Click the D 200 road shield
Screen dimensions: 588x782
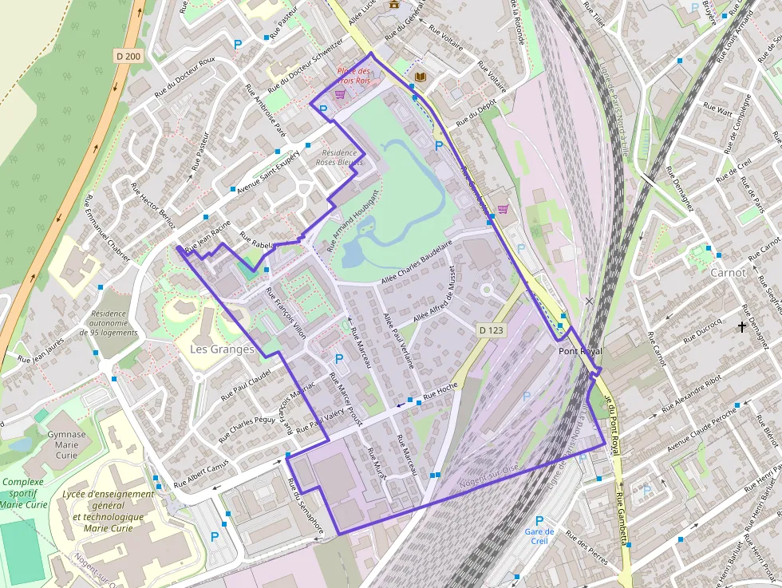click(127, 56)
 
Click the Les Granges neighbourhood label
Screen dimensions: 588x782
click(222, 349)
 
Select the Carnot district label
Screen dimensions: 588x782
click(728, 272)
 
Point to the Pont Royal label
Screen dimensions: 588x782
click(580, 351)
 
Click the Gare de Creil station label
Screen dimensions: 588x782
click(539, 536)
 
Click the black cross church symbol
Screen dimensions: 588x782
click(742, 326)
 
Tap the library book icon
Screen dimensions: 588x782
click(421, 77)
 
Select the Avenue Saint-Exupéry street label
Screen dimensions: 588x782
click(267, 173)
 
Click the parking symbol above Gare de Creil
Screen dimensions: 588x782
click(539, 520)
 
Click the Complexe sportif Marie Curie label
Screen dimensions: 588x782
click(24, 493)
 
